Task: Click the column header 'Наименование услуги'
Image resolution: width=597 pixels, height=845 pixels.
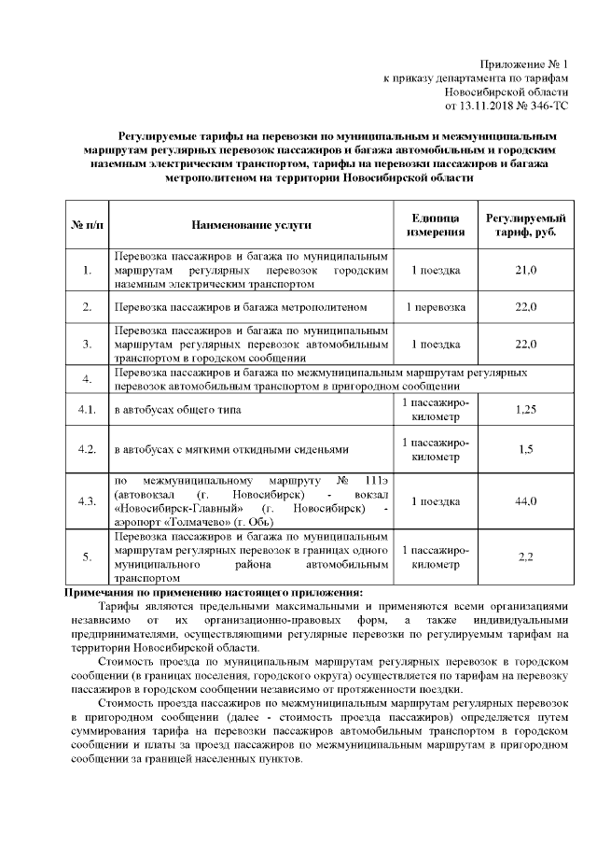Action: [x=251, y=225]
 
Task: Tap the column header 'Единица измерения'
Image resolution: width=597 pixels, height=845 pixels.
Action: [x=435, y=225]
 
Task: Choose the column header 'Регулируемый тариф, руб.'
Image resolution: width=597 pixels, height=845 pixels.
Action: [x=526, y=225]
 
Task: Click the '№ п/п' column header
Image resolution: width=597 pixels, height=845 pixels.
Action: [x=87, y=225]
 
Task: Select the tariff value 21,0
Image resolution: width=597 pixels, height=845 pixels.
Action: [x=526, y=271]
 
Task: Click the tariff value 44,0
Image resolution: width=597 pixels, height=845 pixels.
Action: [x=526, y=501]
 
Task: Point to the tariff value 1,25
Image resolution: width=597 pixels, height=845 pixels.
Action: [x=526, y=410]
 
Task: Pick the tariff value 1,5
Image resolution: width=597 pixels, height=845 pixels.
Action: [x=526, y=449]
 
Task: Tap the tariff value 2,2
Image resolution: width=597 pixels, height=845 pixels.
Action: [x=526, y=557]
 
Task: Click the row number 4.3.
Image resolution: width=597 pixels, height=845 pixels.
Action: [x=87, y=501]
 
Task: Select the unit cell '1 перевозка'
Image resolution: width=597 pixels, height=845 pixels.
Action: [x=435, y=306]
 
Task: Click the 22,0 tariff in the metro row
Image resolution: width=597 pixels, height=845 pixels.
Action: [x=526, y=306]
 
